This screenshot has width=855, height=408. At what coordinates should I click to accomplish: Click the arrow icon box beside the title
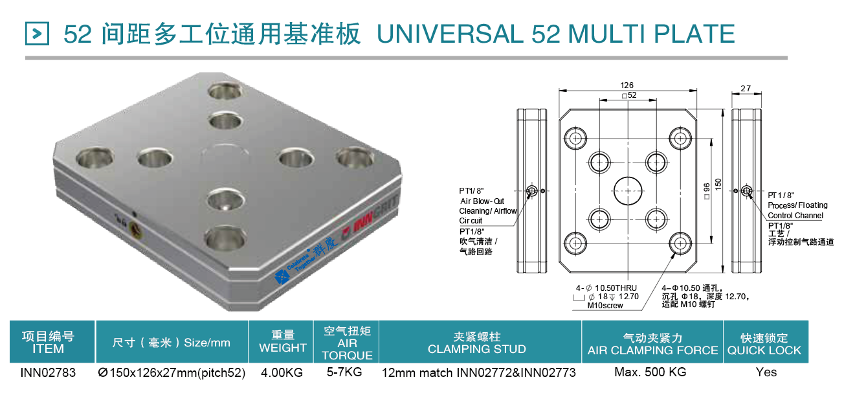(x=37, y=34)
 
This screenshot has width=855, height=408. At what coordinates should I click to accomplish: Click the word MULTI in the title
(x=607, y=34)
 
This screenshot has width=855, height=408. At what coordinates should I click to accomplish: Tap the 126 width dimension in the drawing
(x=627, y=85)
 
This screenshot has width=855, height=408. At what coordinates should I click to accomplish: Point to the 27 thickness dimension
(x=746, y=88)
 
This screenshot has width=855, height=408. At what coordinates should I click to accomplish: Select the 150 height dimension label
(x=718, y=185)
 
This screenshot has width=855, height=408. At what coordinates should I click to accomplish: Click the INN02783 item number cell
(x=48, y=372)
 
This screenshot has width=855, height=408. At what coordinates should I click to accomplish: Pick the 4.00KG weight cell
(x=282, y=372)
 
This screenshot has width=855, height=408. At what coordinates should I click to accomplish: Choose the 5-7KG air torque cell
(x=344, y=372)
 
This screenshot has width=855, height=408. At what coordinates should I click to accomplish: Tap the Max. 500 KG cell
(x=650, y=372)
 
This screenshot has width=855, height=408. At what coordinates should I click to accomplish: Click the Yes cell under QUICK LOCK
(x=766, y=372)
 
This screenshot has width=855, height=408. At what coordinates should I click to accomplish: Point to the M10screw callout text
(x=605, y=306)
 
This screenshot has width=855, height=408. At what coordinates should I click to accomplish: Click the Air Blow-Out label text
(x=482, y=201)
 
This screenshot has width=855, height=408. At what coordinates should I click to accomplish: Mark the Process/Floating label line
(x=798, y=205)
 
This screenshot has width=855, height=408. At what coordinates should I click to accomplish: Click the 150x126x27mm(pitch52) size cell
(x=172, y=372)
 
